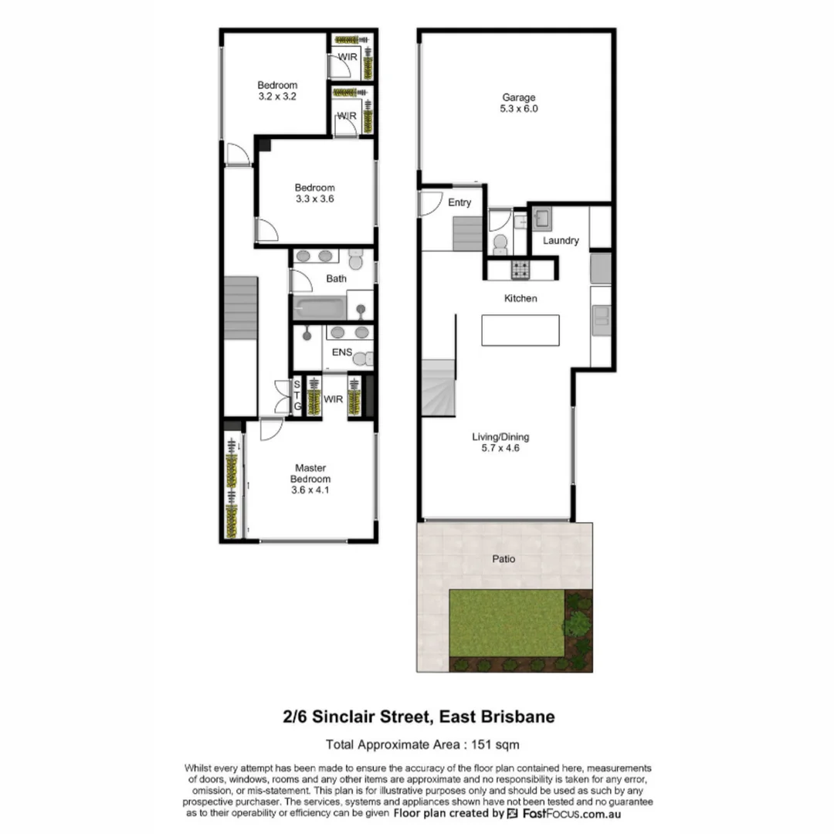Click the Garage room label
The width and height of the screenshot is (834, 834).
click(519, 97)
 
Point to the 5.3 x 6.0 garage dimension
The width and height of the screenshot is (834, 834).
click(519, 109)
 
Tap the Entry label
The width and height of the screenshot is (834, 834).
click(459, 202)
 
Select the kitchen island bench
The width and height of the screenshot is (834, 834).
click(520, 330)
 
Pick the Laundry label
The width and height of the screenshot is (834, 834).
click(560, 240)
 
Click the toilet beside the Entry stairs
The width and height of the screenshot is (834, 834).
click(500, 244)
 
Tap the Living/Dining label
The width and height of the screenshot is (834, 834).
click(500, 436)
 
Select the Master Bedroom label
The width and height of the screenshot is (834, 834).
click(310, 473)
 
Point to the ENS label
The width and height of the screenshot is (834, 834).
click(341, 352)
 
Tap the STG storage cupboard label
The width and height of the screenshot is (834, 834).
click(297, 395)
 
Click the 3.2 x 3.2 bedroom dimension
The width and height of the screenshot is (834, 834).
click(277, 97)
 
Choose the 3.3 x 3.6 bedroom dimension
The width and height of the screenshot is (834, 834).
click(314, 198)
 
